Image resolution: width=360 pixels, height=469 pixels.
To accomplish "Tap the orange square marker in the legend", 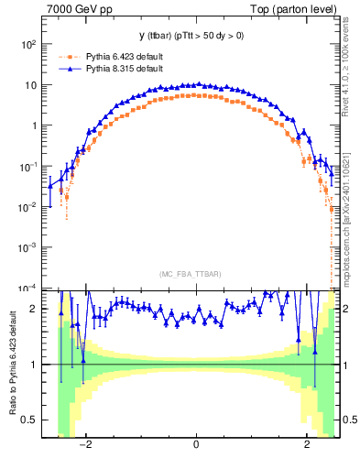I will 70,56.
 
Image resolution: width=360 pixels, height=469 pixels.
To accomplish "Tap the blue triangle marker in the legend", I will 70,68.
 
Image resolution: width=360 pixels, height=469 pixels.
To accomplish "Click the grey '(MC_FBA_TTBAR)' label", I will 196,274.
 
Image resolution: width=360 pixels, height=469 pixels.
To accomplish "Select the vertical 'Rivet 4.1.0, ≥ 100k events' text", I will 352,78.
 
